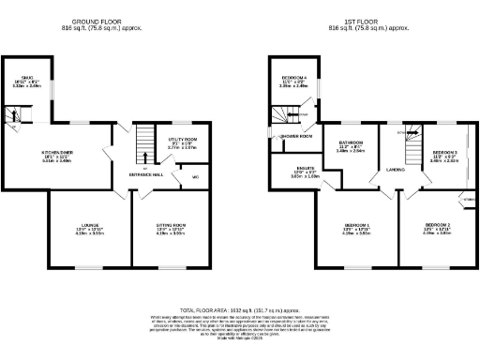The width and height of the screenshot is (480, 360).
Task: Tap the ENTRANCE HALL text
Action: (x=145, y=174)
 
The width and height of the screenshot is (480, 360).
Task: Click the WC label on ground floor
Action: (x=195, y=176)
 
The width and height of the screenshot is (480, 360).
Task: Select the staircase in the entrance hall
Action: (x=144, y=145)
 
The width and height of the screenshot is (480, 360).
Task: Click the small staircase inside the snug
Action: (x=14, y=114)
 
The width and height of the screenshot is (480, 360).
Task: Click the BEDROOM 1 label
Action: (x=355, y=225)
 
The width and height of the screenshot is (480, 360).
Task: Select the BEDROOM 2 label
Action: (x=437, y=225)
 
